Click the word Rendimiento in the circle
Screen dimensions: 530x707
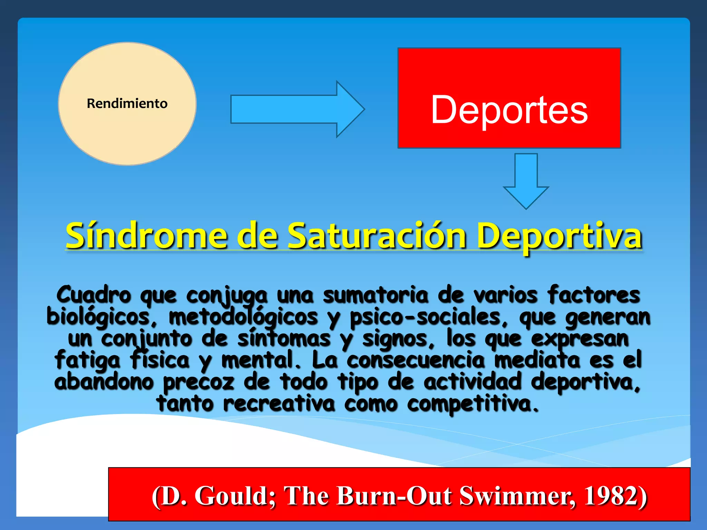point(127,104)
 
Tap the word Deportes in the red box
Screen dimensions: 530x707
point(509,110)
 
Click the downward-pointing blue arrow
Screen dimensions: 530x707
point(526,181)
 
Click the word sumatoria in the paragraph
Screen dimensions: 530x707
point(376,295)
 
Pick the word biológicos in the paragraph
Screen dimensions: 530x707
point(98,317)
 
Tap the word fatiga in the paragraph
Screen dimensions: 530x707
point(88,360)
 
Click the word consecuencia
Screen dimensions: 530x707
point(416,360)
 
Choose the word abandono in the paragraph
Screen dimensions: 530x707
point(104,382)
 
